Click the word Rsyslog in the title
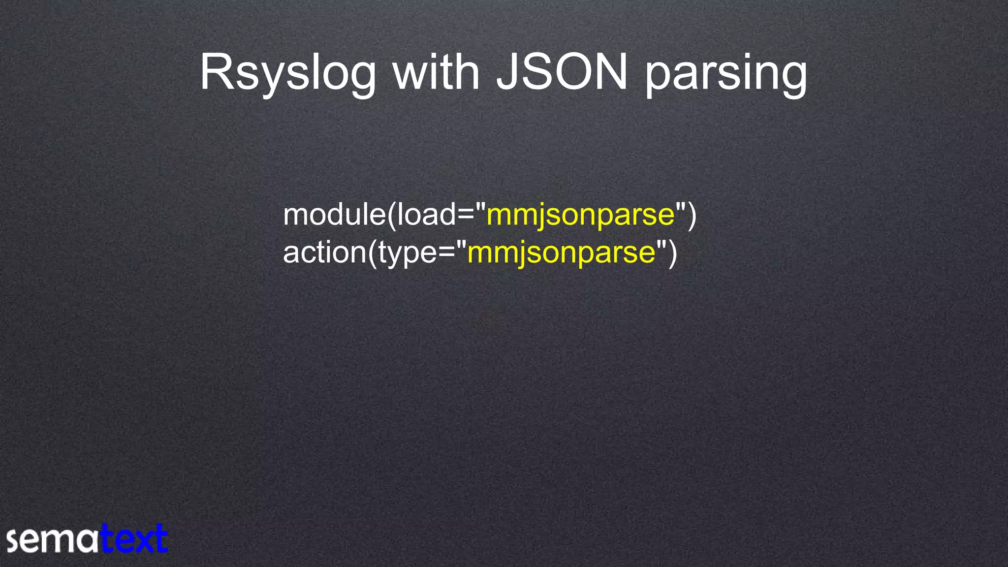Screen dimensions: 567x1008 287,74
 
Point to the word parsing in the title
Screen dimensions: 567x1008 726,74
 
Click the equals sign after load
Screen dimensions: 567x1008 465,216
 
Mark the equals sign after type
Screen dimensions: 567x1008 446,253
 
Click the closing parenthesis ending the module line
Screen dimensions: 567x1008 692,216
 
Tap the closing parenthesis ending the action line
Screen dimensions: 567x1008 673,253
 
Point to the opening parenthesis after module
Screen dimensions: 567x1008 392,216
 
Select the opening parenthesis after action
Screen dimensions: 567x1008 373,253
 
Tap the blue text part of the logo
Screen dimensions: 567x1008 134,539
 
